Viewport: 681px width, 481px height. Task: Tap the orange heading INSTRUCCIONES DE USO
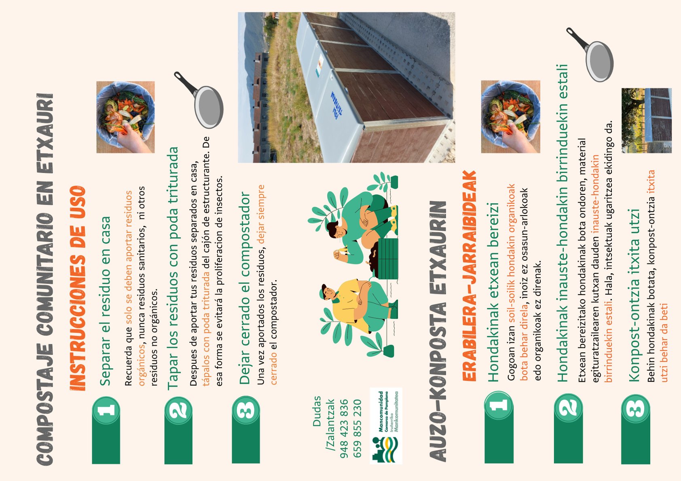[x=78, y=288]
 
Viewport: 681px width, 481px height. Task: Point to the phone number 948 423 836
[x=344, y=429]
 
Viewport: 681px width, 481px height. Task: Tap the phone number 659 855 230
[x=357, y=429]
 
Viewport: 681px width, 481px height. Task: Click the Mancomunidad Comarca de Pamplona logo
[x=386, y=426]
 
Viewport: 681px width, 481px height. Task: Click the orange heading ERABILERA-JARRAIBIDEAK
[x=469, y=276]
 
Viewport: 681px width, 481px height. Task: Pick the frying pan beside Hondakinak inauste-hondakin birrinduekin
[x=590, y=55]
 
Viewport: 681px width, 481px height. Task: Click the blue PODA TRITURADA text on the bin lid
[x=336, y=105]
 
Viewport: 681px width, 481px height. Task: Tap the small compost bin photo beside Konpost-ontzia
[x=646, y=120]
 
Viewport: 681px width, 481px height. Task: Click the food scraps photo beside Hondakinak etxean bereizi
[x=510, y=117]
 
